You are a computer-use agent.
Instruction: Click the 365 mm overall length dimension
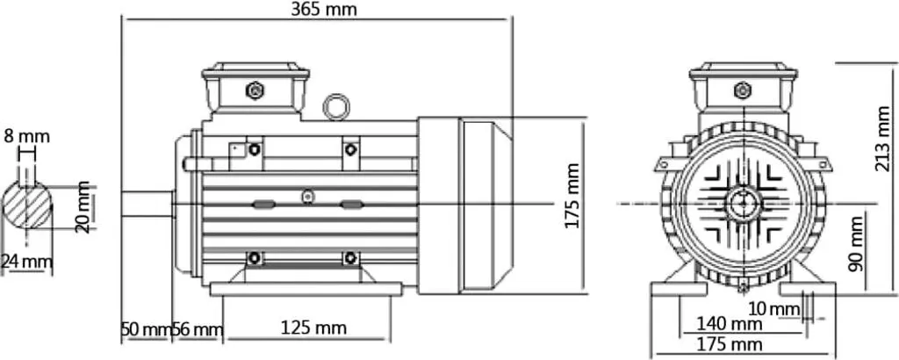[x=323, y=9]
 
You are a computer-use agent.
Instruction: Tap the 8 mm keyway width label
[x=27, y=136]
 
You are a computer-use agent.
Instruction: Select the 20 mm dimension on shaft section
[x=83, y=207]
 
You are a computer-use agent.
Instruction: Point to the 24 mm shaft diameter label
[x=26, y=262]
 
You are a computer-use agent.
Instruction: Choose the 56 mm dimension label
[x=198, y=329]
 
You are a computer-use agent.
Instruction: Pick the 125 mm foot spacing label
[x=313, y=328]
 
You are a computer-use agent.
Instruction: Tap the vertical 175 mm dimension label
[x=572, y=196]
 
